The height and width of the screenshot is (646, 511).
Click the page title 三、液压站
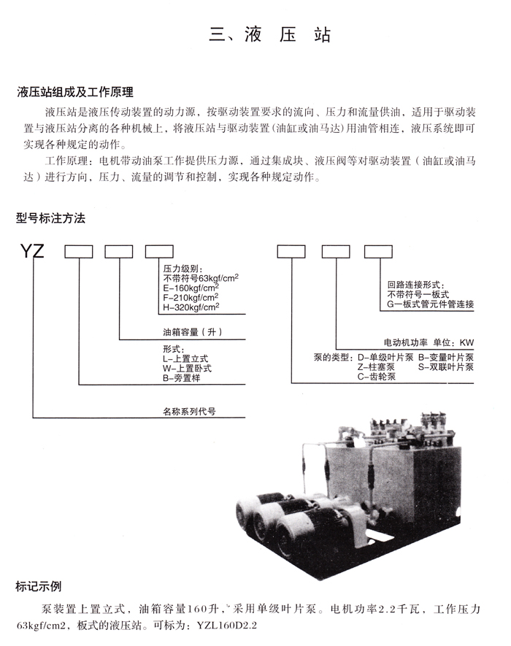coord(270,34)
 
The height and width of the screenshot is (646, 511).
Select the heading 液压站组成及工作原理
coord(75,92)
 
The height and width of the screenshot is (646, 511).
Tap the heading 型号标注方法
coord(50,218)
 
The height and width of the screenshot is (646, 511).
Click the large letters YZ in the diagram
coord(32,250)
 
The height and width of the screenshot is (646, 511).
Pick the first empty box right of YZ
coord(79,252)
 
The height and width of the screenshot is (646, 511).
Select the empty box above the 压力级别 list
coord(159,252)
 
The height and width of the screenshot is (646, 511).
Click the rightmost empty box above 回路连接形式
coord(378,252)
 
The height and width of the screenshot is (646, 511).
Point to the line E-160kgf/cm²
coord(191,288)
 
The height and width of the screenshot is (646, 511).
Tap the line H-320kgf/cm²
coord(191,307)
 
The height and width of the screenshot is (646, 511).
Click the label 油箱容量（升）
coord(193,332)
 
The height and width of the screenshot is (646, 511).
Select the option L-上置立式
coord(185,359)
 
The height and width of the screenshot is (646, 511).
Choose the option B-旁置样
coord(181,378)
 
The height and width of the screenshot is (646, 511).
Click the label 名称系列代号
coord(189,411)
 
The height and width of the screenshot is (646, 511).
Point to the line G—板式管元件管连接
coord(430,304)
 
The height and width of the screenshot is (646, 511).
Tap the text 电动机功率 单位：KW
coord(429,343)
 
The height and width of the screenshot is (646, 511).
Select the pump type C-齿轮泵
coord(377,377)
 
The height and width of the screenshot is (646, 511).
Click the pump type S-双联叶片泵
coord(446,366)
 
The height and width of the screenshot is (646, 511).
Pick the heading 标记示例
coord(38,586)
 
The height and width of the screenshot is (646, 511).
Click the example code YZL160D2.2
coord(226,626)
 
